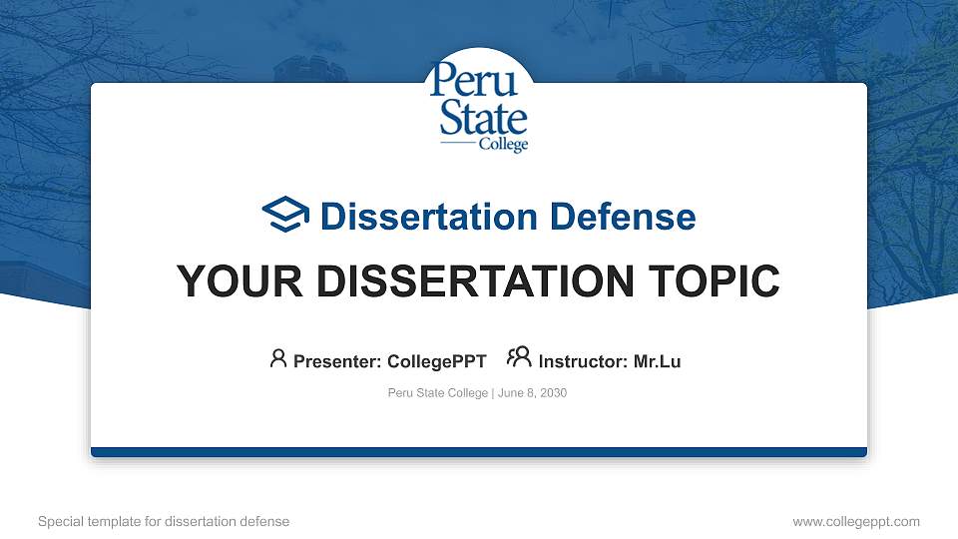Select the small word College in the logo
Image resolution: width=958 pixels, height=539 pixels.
[503, 145]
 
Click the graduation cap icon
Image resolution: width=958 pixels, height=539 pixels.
[286, 215]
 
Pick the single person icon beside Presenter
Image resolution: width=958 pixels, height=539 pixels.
[278, 358]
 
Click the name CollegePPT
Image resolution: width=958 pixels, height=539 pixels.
[437, 361]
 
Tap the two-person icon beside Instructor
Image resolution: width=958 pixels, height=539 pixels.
[519, 357]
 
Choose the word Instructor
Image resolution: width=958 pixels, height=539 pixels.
[581, 361]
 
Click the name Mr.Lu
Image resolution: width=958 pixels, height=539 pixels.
[658, 361]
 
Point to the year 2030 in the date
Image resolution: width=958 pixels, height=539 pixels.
[553, 393]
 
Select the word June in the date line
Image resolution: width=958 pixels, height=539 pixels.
[509, 393]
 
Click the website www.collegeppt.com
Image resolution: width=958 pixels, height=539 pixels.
[856, 521]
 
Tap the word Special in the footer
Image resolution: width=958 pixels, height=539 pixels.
[60, 521]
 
